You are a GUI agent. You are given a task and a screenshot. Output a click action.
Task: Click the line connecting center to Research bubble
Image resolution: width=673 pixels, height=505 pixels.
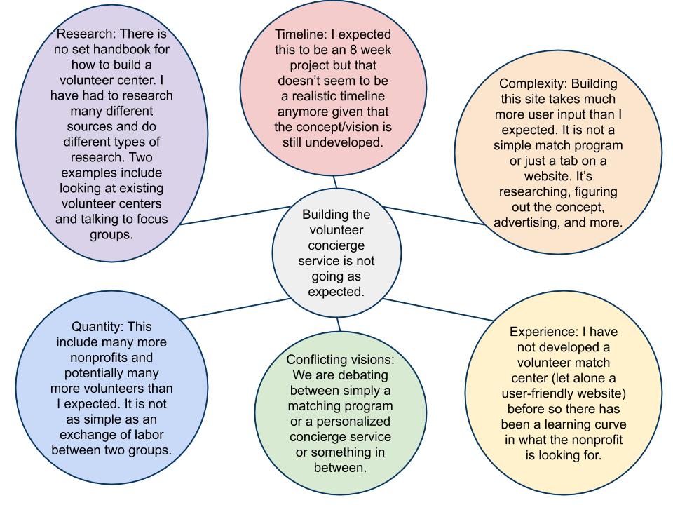[238, 215]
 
